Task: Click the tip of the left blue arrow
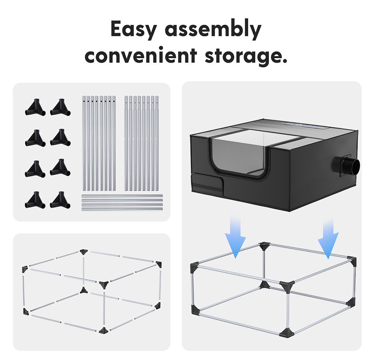tap(236, 258)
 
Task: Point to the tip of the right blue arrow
tap(328, 259)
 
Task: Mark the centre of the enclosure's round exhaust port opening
tap(354, 166)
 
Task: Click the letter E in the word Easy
tap(116, 29)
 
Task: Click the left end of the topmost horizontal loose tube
tap(82, 196)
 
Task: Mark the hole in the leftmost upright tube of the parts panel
tap(84, 101)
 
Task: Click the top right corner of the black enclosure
tap(358, 130)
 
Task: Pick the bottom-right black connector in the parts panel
tap(60, 200)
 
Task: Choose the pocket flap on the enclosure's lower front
tap(207, 183)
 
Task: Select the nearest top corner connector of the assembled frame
tap(287, 286)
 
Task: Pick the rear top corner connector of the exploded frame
tap(83, 252)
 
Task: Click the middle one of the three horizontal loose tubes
tap(122, 201)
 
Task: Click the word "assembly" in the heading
tap(213, 30)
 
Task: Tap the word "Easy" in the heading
tap(134, 30)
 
